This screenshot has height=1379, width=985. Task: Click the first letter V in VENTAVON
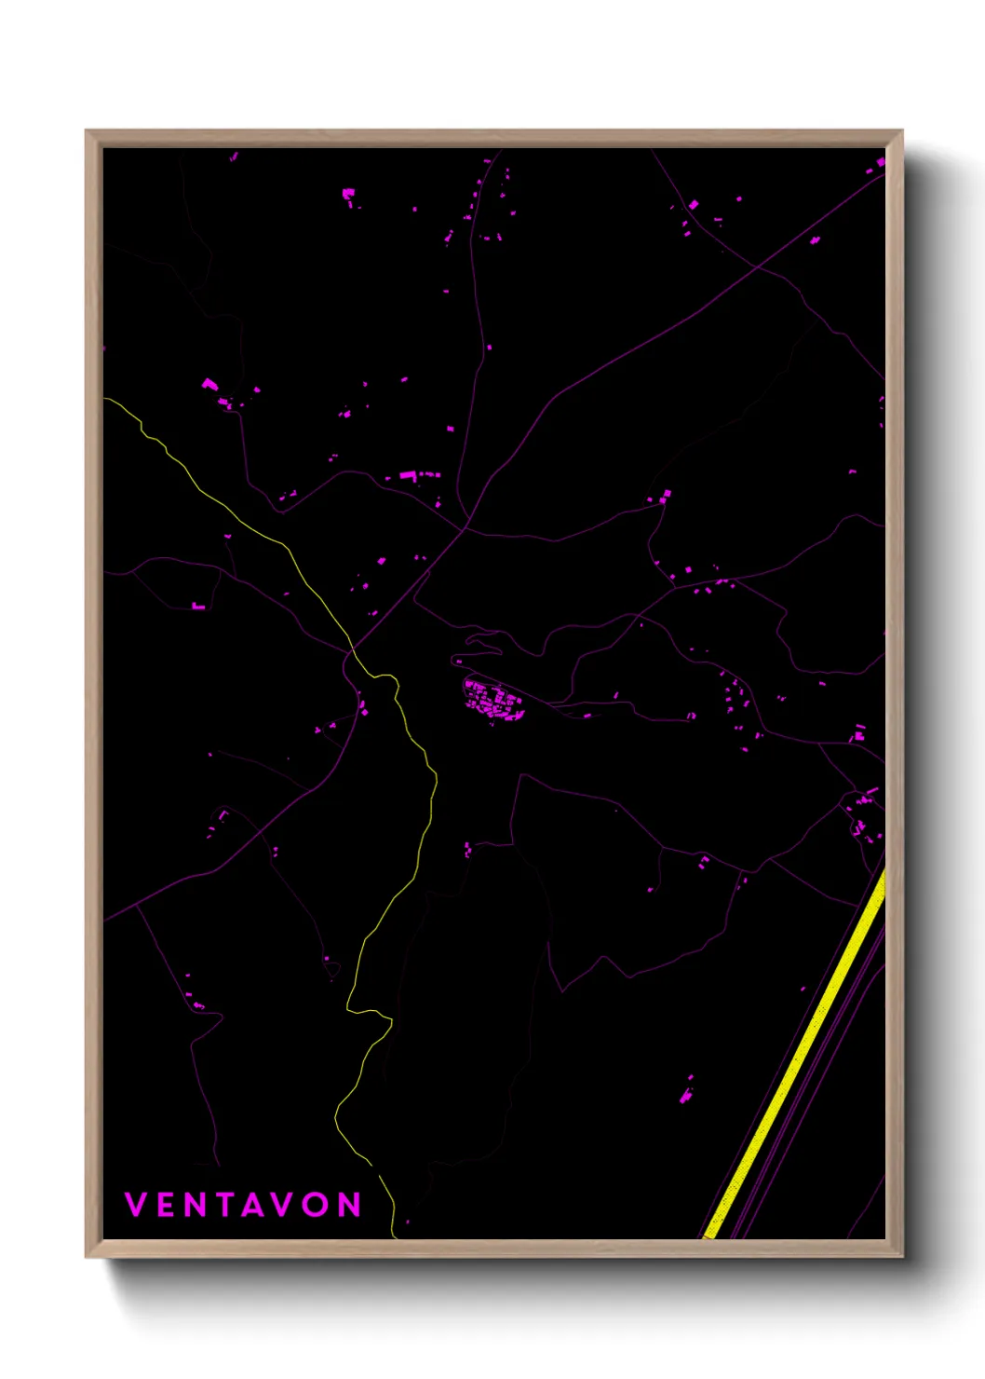click(136, 1205)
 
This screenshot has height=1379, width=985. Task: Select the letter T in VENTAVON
click(224, 1205)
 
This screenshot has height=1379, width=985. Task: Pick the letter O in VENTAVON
click(316, 1205)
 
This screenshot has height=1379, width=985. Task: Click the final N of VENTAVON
click(349, 1205)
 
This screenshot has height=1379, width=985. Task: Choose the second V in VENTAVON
click(283, 1205)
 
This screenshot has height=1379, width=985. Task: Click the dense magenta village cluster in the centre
click(493, 701)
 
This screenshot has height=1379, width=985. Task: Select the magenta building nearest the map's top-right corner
click(880, 162)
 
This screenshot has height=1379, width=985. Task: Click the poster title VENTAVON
click(242, 1205)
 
